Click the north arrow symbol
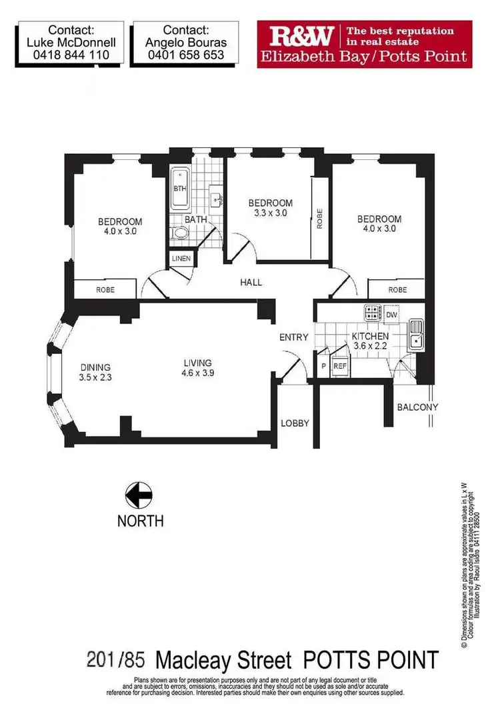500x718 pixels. pos(139,495)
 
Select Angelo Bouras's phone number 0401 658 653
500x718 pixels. pos(185,56)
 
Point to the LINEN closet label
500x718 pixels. pos(181,259)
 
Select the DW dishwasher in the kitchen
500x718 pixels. pos(391,314)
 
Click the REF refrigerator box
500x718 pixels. pos(339,366)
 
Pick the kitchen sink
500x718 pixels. pos(417,337)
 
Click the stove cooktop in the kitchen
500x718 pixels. pos(371,313)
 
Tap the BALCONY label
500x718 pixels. pos(417,407)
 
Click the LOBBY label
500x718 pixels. pos(295,423)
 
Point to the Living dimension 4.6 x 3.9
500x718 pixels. pos(197,373)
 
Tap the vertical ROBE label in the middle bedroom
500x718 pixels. pos(320,219)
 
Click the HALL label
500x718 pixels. pos(251,283)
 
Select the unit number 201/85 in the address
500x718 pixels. pos(117,660)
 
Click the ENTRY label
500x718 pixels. pos(293,337)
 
